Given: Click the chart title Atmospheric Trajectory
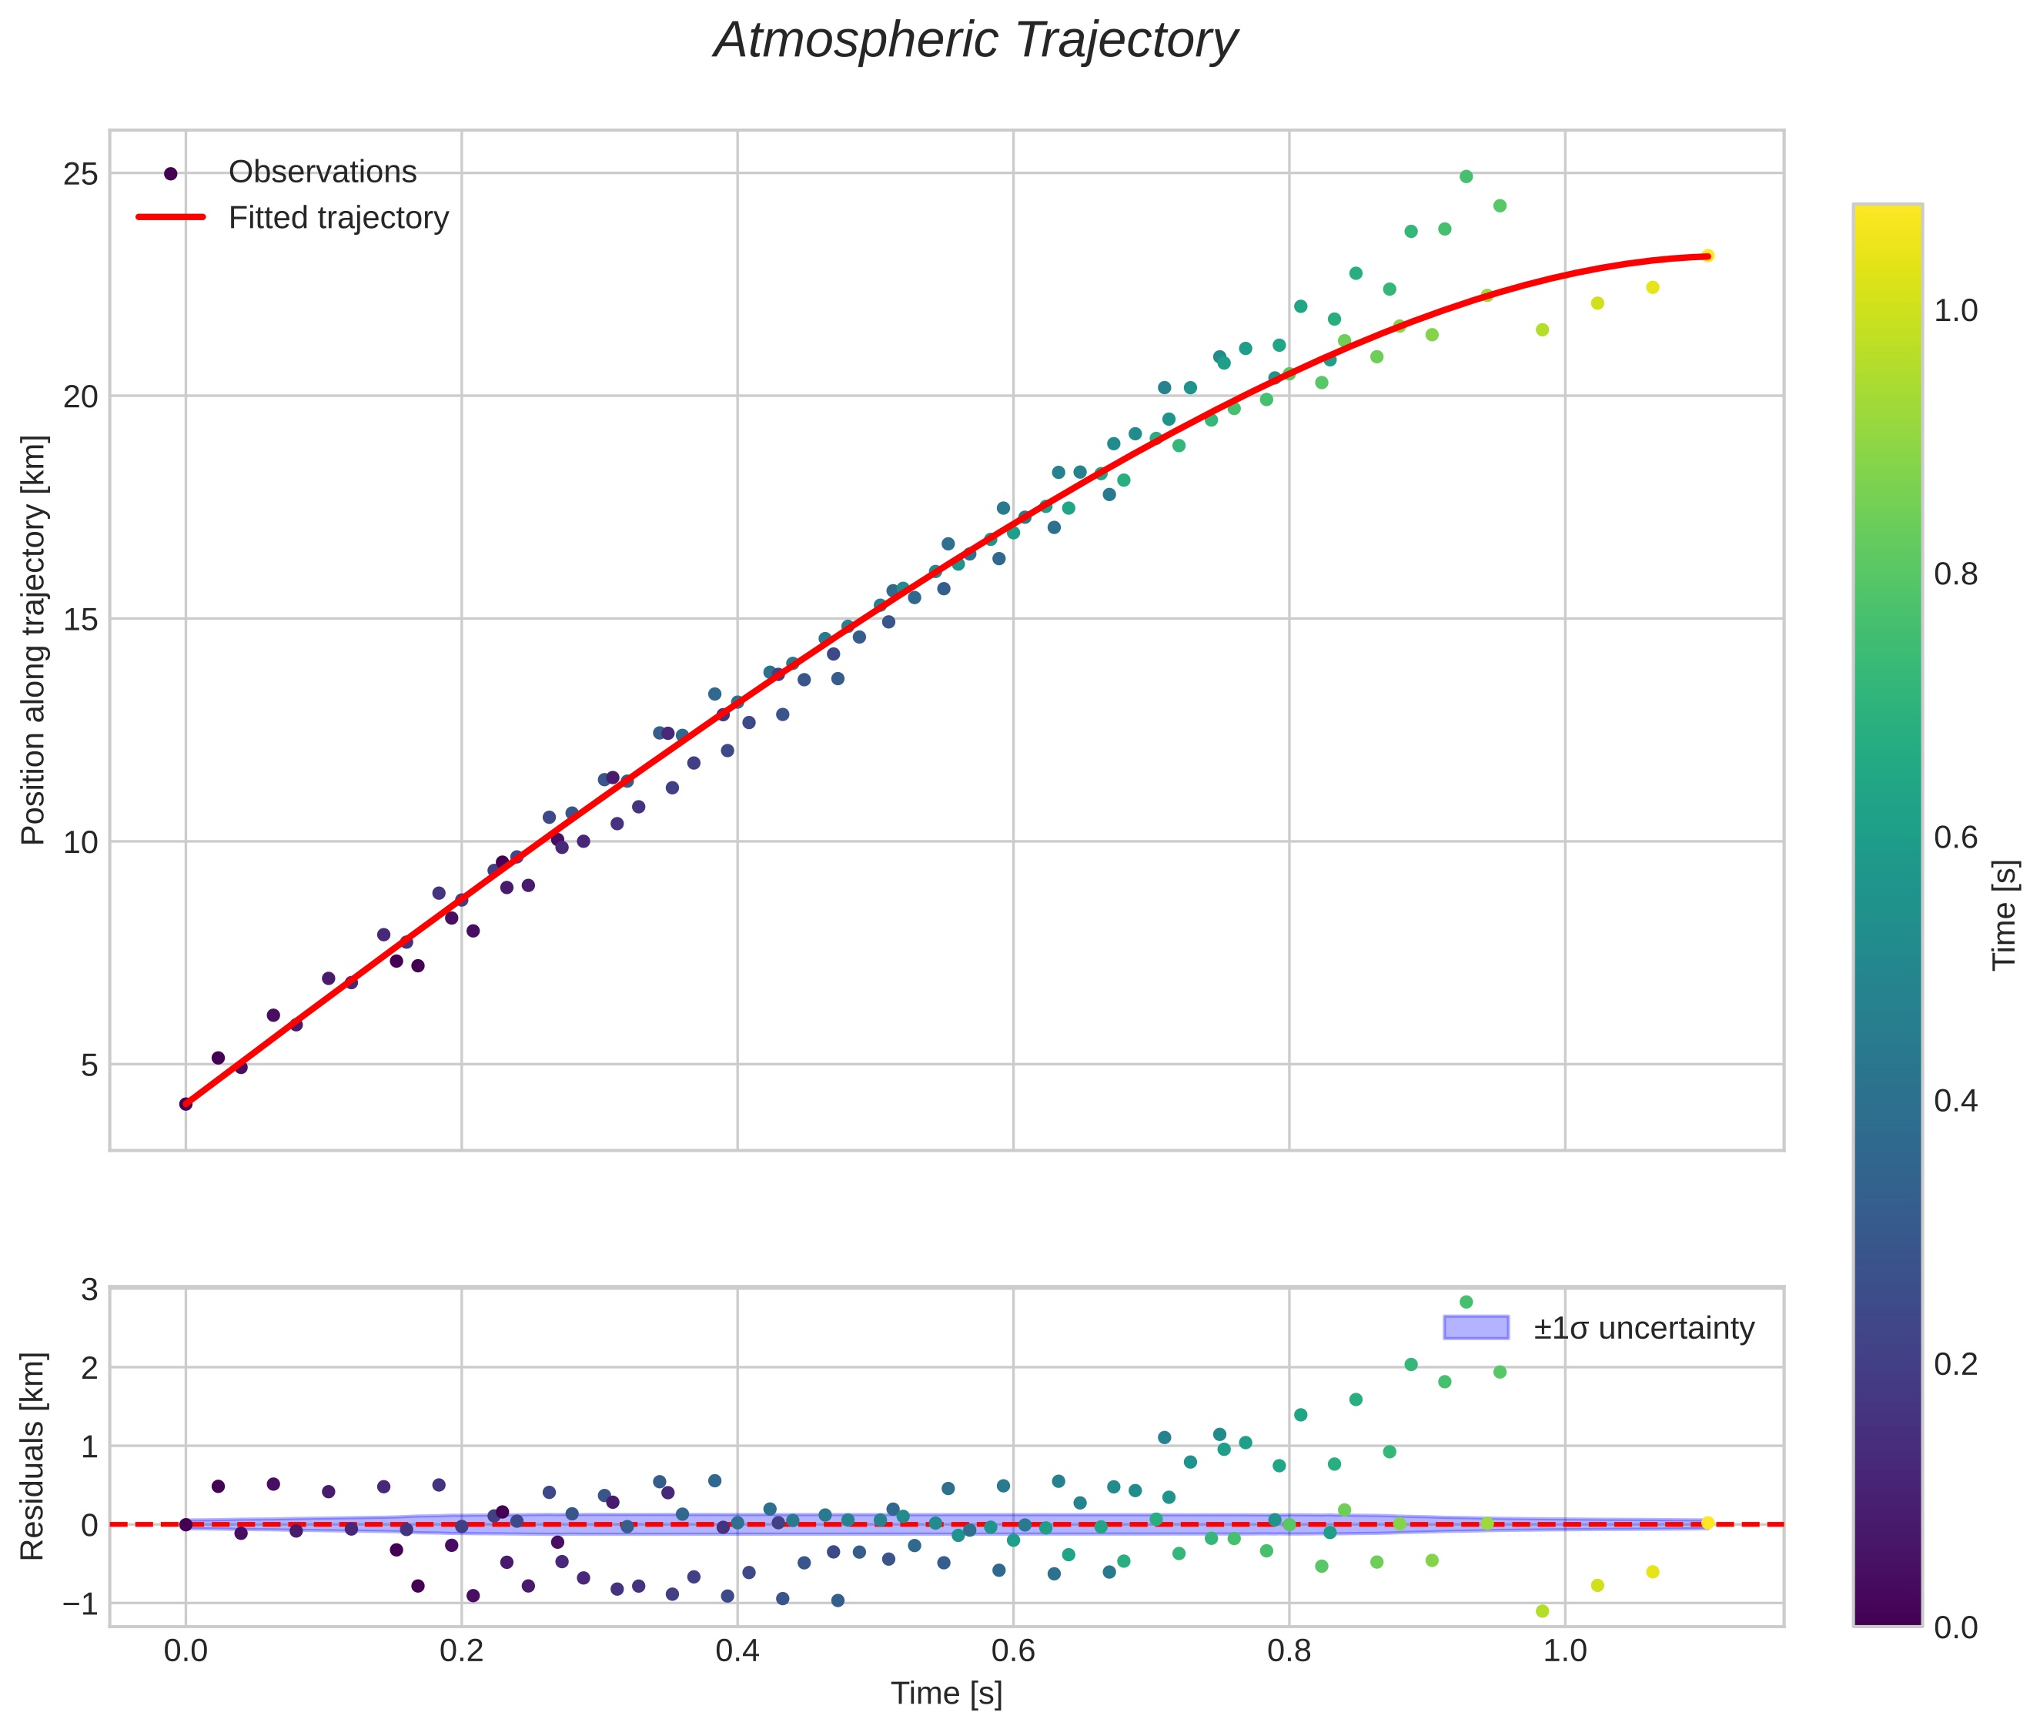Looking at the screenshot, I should (x=975, y=41).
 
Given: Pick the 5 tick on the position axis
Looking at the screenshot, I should (x=89, y=1065).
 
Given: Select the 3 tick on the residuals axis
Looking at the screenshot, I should (x=89, y=1289).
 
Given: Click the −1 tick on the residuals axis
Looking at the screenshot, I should (x=82, y=1604).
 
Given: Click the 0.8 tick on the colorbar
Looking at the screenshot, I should (x=1955, y=574).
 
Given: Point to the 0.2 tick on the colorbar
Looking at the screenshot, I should (x=1955, y=1364).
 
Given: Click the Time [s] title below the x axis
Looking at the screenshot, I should (x=946, y=1694).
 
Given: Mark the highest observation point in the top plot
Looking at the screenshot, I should (x=1466, y=176).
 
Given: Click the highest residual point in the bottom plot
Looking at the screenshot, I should (x=1466, y=1303).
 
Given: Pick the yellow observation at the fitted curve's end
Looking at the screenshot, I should (x=1707, y=256).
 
